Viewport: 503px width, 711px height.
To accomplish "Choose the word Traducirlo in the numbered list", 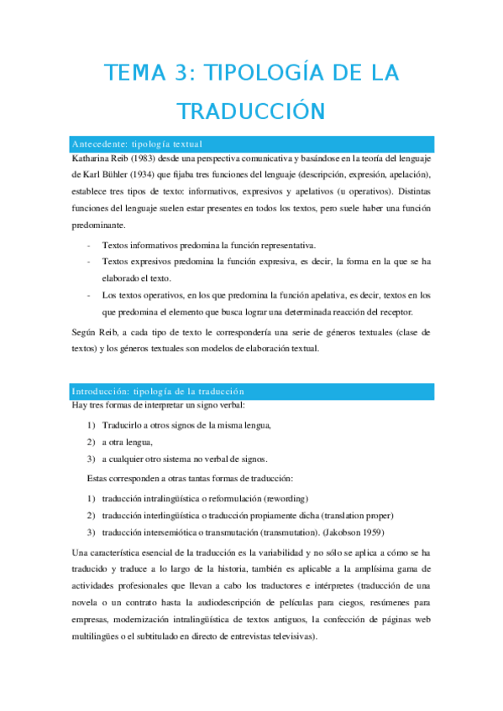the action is [125, 426].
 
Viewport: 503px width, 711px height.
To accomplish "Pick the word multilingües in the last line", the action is [102, 636].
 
